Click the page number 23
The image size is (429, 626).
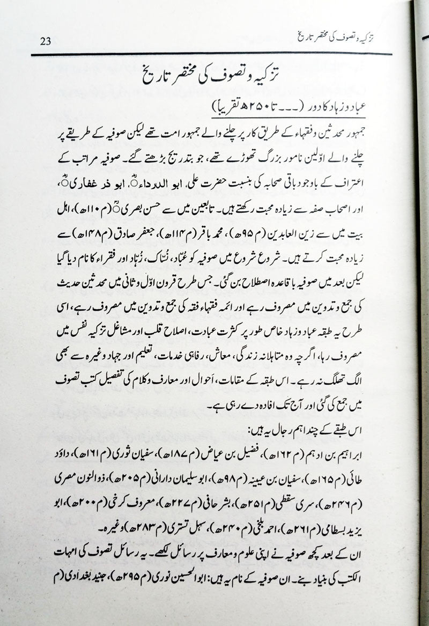point(47,41)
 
